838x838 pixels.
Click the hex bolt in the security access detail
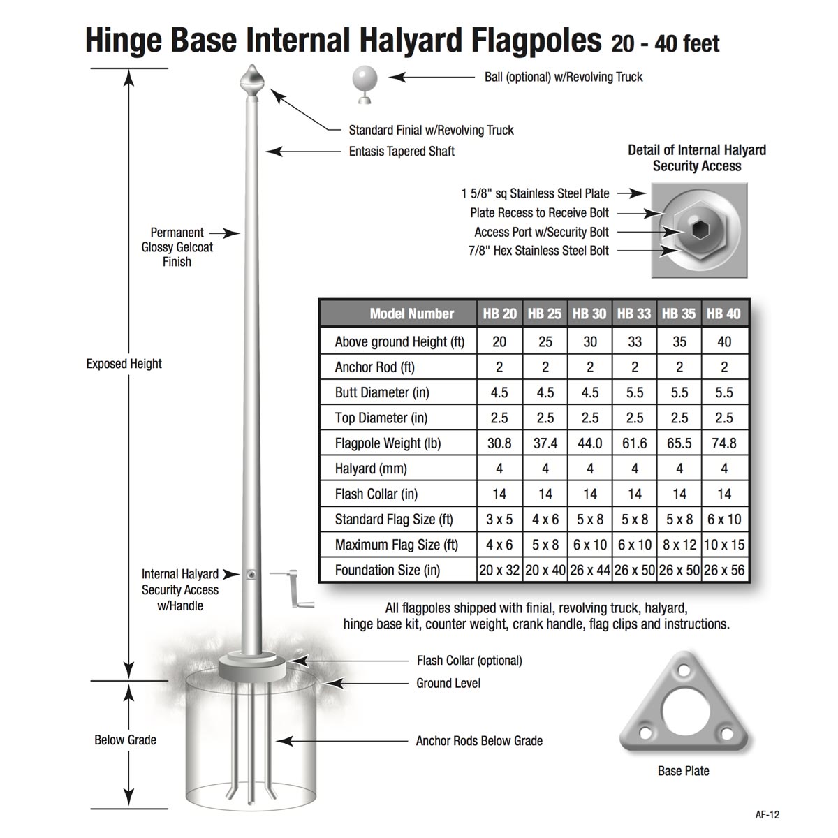(x=698, y=230)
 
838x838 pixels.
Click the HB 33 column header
(x=634, y=314)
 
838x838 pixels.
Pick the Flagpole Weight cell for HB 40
(x=724, y=443)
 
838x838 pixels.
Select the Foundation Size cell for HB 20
(x=499, y=570)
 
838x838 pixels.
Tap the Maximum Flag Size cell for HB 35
(x=679, y=545)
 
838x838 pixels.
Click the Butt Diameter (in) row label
(x=381, y=392)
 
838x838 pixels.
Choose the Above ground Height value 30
(x=590, y=342)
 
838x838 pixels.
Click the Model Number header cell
(x=411, y=314)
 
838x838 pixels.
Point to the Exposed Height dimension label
(x=124, y=364)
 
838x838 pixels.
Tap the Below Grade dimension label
(x=125, y=740)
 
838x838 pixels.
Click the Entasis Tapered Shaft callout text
(x=402, y=151)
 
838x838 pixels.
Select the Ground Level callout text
(x=448, y=683)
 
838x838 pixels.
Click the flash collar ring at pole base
(x=251, y=667)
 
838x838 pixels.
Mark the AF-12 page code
(x=767, y=814)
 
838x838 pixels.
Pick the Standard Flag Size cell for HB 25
(x=545, y=520)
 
